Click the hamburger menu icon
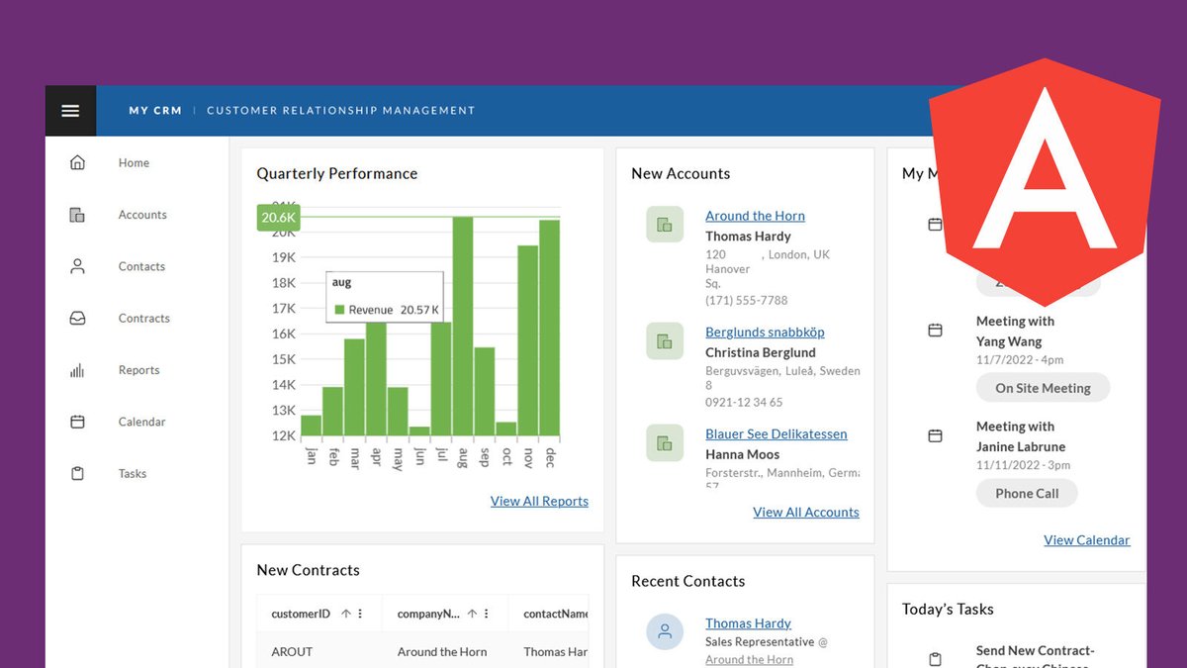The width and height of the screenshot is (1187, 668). pyautogui.click(x=70, y=111)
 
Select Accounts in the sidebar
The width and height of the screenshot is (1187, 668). pyautogui.click(x=142, y=215)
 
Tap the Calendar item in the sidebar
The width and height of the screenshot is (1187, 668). pyautogui.click(x=141, y=422)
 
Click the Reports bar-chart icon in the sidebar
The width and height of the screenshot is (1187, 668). pyautogui.click(x=77, y=370)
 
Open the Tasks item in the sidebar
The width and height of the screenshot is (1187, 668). pyautogui.click(x=133, y=473)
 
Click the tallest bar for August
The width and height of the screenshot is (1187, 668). pyautogui.click(x=462, y=327)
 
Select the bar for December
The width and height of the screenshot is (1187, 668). pyautogui.click(x=549, y=328)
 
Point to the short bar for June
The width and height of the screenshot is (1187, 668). pyautogui.click(x=419, y=431)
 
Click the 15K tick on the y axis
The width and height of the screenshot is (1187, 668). pyautogui.click(x=284, y=359)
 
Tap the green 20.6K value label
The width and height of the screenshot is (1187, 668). pyautogui.click(x=278, y=218)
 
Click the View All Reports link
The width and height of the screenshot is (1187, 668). pyautogui.click(x=539, y=501)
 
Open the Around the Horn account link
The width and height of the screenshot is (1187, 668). pyautogui.click(x=755, y=216)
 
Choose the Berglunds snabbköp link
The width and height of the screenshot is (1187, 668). pyautogui.click(x=765, y=333)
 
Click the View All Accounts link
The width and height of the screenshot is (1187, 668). pyautogui.click(x=805, y=512)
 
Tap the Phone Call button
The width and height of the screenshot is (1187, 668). pyautogui.click(x=1027, y=493)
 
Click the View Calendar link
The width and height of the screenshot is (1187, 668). pyautogui.click(x=1086, y=539)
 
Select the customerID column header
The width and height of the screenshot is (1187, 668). pyautogui.click(x=301, y=614)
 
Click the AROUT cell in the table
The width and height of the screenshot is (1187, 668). pyautogui.click(x=292, y=652)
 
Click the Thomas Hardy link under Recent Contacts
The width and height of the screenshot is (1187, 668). pyautogui.click(x=748, y=623)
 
